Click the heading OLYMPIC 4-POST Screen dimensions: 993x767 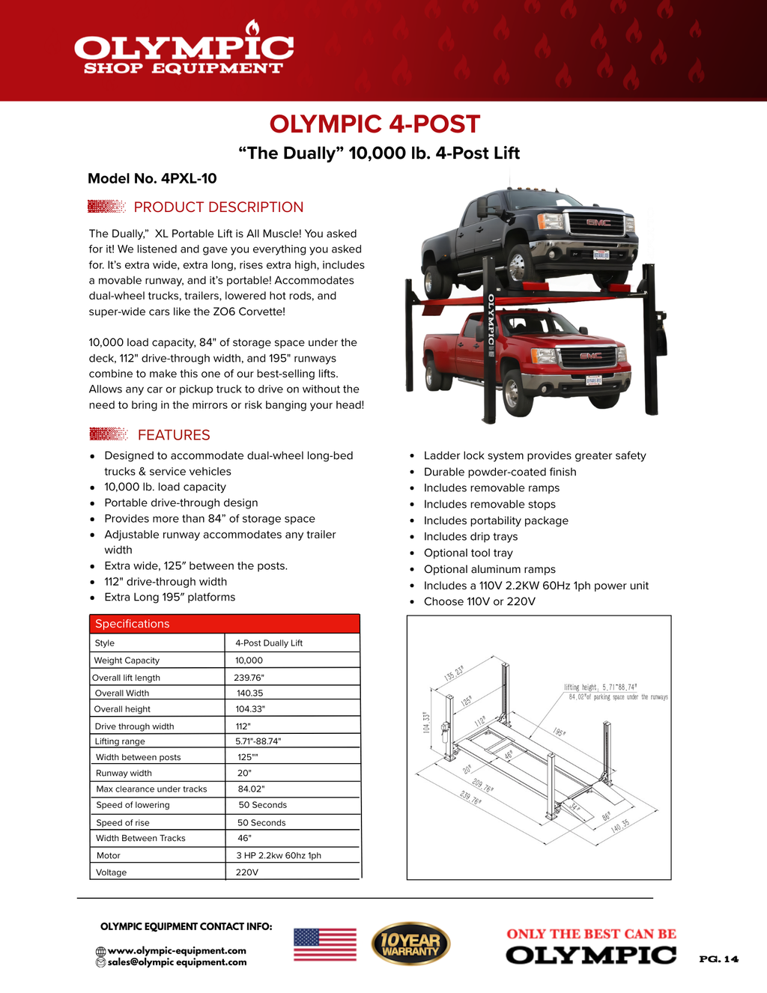tap(375, 124)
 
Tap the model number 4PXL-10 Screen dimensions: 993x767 tap(152, 178)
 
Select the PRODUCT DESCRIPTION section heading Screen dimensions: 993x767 tap(218, 207)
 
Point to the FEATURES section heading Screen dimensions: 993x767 tap(174, 435)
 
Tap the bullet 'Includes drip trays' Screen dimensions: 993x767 tap(470, 537)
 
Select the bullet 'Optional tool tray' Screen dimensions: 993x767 tap(468, 553)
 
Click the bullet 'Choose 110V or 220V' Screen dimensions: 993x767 tap(479, 602)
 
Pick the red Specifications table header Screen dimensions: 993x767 tap(224, 624)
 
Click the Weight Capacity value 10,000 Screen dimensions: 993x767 tap(249, 661)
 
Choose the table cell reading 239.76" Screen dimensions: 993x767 tap(249, 678)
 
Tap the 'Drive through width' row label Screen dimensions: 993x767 tap(134, 726)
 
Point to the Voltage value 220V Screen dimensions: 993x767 tap(246, 872)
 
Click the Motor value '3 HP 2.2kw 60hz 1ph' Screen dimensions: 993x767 tap(279, 855)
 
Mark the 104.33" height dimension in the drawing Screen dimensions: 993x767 tap(426, 722)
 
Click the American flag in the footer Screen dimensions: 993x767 tap(325, 944)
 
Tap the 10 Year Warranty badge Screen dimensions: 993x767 tap(410, 944)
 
